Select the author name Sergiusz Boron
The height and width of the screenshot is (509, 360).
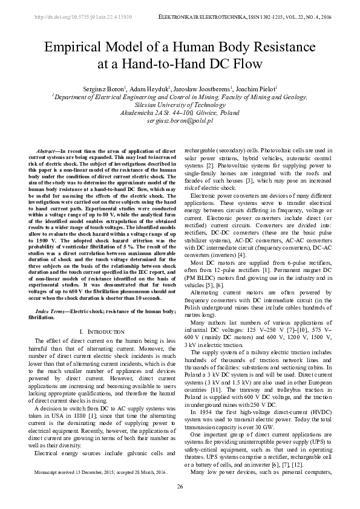tap(113, 88)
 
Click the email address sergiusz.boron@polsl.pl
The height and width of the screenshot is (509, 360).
tap(180, 121)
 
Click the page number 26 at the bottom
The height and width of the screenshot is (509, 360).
tap(180, 486)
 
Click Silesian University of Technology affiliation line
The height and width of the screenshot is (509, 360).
tap(180, 104)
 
